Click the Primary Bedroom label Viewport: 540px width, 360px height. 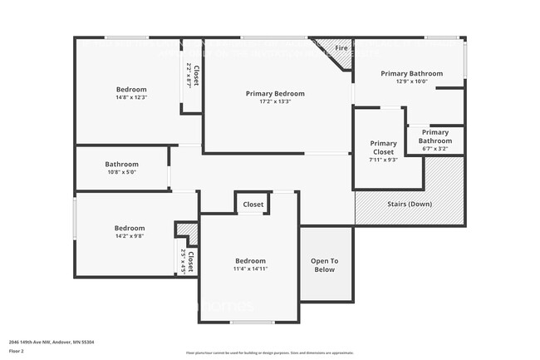275,94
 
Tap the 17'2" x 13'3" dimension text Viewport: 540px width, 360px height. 275,103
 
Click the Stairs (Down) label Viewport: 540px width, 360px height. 410,204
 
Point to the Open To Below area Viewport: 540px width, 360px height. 324,264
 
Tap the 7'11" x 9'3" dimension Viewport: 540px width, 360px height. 383,160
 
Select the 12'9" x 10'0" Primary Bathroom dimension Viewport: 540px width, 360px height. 411,81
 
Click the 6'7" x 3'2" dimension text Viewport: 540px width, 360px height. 435,149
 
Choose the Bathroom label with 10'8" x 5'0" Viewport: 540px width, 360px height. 121,165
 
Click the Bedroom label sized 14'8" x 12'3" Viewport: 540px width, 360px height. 130,90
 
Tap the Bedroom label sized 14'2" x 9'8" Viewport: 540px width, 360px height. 129,229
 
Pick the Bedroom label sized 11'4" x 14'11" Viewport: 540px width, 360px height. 250,260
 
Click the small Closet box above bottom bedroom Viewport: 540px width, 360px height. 253,205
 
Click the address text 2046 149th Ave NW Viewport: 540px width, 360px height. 49,341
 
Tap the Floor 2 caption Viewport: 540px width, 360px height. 17,350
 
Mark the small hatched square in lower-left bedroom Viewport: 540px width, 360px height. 186,230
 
